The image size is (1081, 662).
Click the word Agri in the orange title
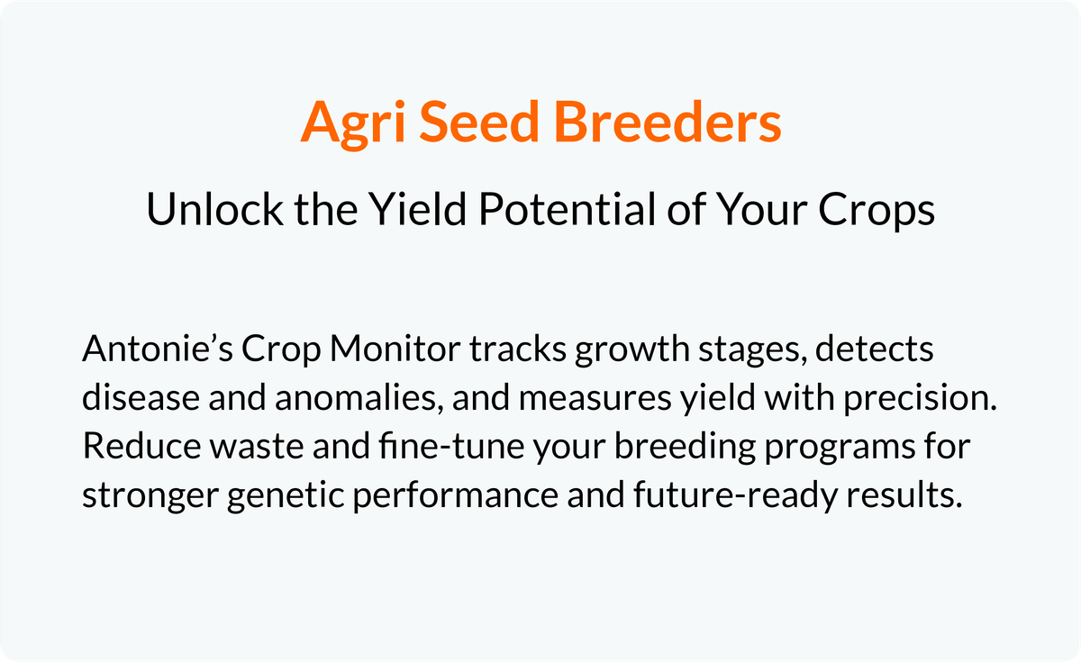click(353, 123)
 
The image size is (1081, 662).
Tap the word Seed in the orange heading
click(478, 121)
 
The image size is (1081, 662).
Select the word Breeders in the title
click(668, 121)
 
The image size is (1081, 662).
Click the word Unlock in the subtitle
click(214, 209)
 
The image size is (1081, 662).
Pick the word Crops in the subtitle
click(877, 211)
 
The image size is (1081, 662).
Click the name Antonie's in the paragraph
click(158, 349)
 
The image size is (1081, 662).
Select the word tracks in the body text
click(518, 349)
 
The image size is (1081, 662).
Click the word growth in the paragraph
click(632, 350)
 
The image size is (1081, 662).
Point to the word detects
click(875, 349)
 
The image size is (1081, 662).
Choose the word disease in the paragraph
click(141, 397)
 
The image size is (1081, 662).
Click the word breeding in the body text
click(685, 449)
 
